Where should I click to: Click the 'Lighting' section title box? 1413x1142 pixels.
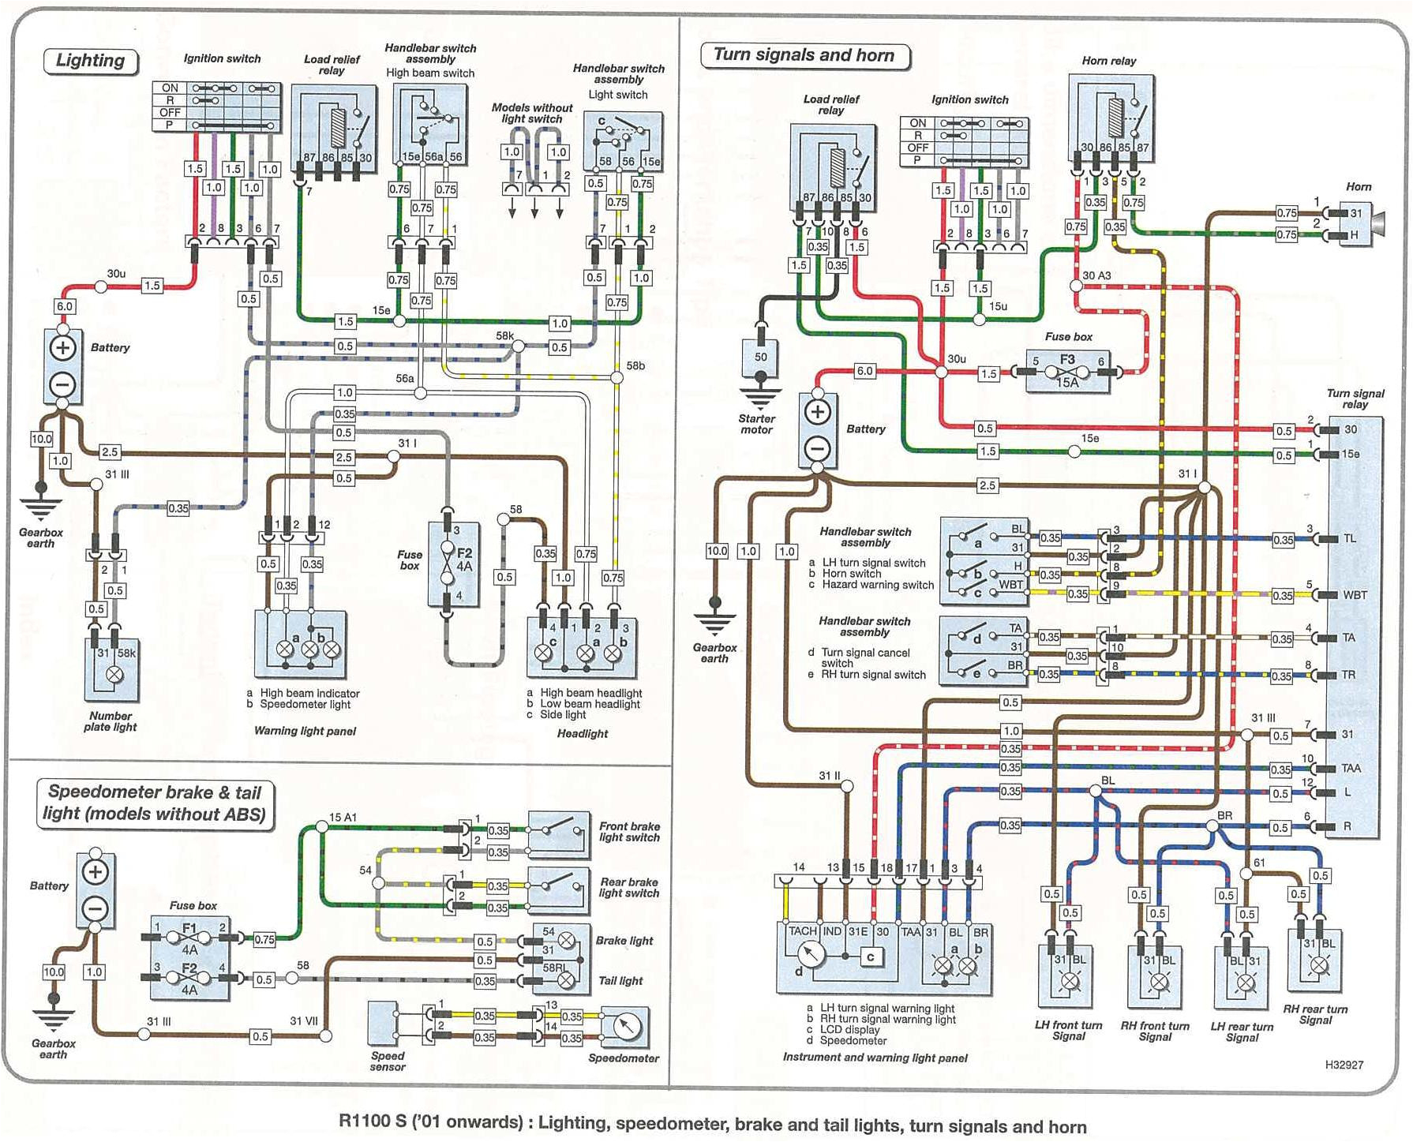pos(90,61)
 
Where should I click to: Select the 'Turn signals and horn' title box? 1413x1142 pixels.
pos(804,55)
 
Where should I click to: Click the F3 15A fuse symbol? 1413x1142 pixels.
pos(1067,371)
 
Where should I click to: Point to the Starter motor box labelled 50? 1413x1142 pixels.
pos(760,361)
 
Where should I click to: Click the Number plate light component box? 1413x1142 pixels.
pos(113,669)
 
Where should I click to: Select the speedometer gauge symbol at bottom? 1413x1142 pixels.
pos(625,1028)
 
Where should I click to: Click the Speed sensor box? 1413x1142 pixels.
pos(388,1024)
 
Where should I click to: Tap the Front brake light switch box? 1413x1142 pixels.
pos(559,835)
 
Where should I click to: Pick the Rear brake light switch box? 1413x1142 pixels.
pos(559,889)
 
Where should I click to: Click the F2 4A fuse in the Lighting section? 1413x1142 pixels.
pos(454,564)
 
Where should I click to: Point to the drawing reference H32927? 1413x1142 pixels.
pos(1344,1065)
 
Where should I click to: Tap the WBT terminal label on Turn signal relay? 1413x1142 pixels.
pos(1355,595)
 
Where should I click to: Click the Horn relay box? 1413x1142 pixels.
pos(1111,118)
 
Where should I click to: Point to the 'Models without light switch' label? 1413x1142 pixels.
pos(531,113)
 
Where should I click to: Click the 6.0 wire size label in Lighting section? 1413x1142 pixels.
pos(64,307)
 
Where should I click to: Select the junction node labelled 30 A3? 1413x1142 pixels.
pos(1076,286)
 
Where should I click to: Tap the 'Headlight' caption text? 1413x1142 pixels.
pos(583,734)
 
